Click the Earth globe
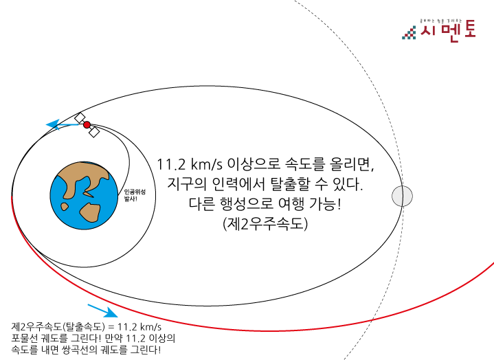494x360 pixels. click(x=84, y=196)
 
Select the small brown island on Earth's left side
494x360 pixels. click(x=65, y=206)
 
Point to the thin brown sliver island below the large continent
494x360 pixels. click(x=88, y=194)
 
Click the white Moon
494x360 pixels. click(x=402, y=196)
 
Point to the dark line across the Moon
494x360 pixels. click(x=402, y=196)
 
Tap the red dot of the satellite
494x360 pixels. click(x=87, y=124)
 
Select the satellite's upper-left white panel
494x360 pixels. click(x=80, y=117)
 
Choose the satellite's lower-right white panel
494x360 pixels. click(x=94, y=132)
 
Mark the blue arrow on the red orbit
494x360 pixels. click(x=103, y=311)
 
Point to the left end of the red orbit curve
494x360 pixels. click(x=12, y=198)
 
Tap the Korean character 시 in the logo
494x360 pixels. click(x=427, y=30)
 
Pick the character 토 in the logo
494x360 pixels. click(x=470, y=29)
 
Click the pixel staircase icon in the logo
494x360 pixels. click(x=409, y=34)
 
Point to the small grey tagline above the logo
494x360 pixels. click(x=440, y=21)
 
